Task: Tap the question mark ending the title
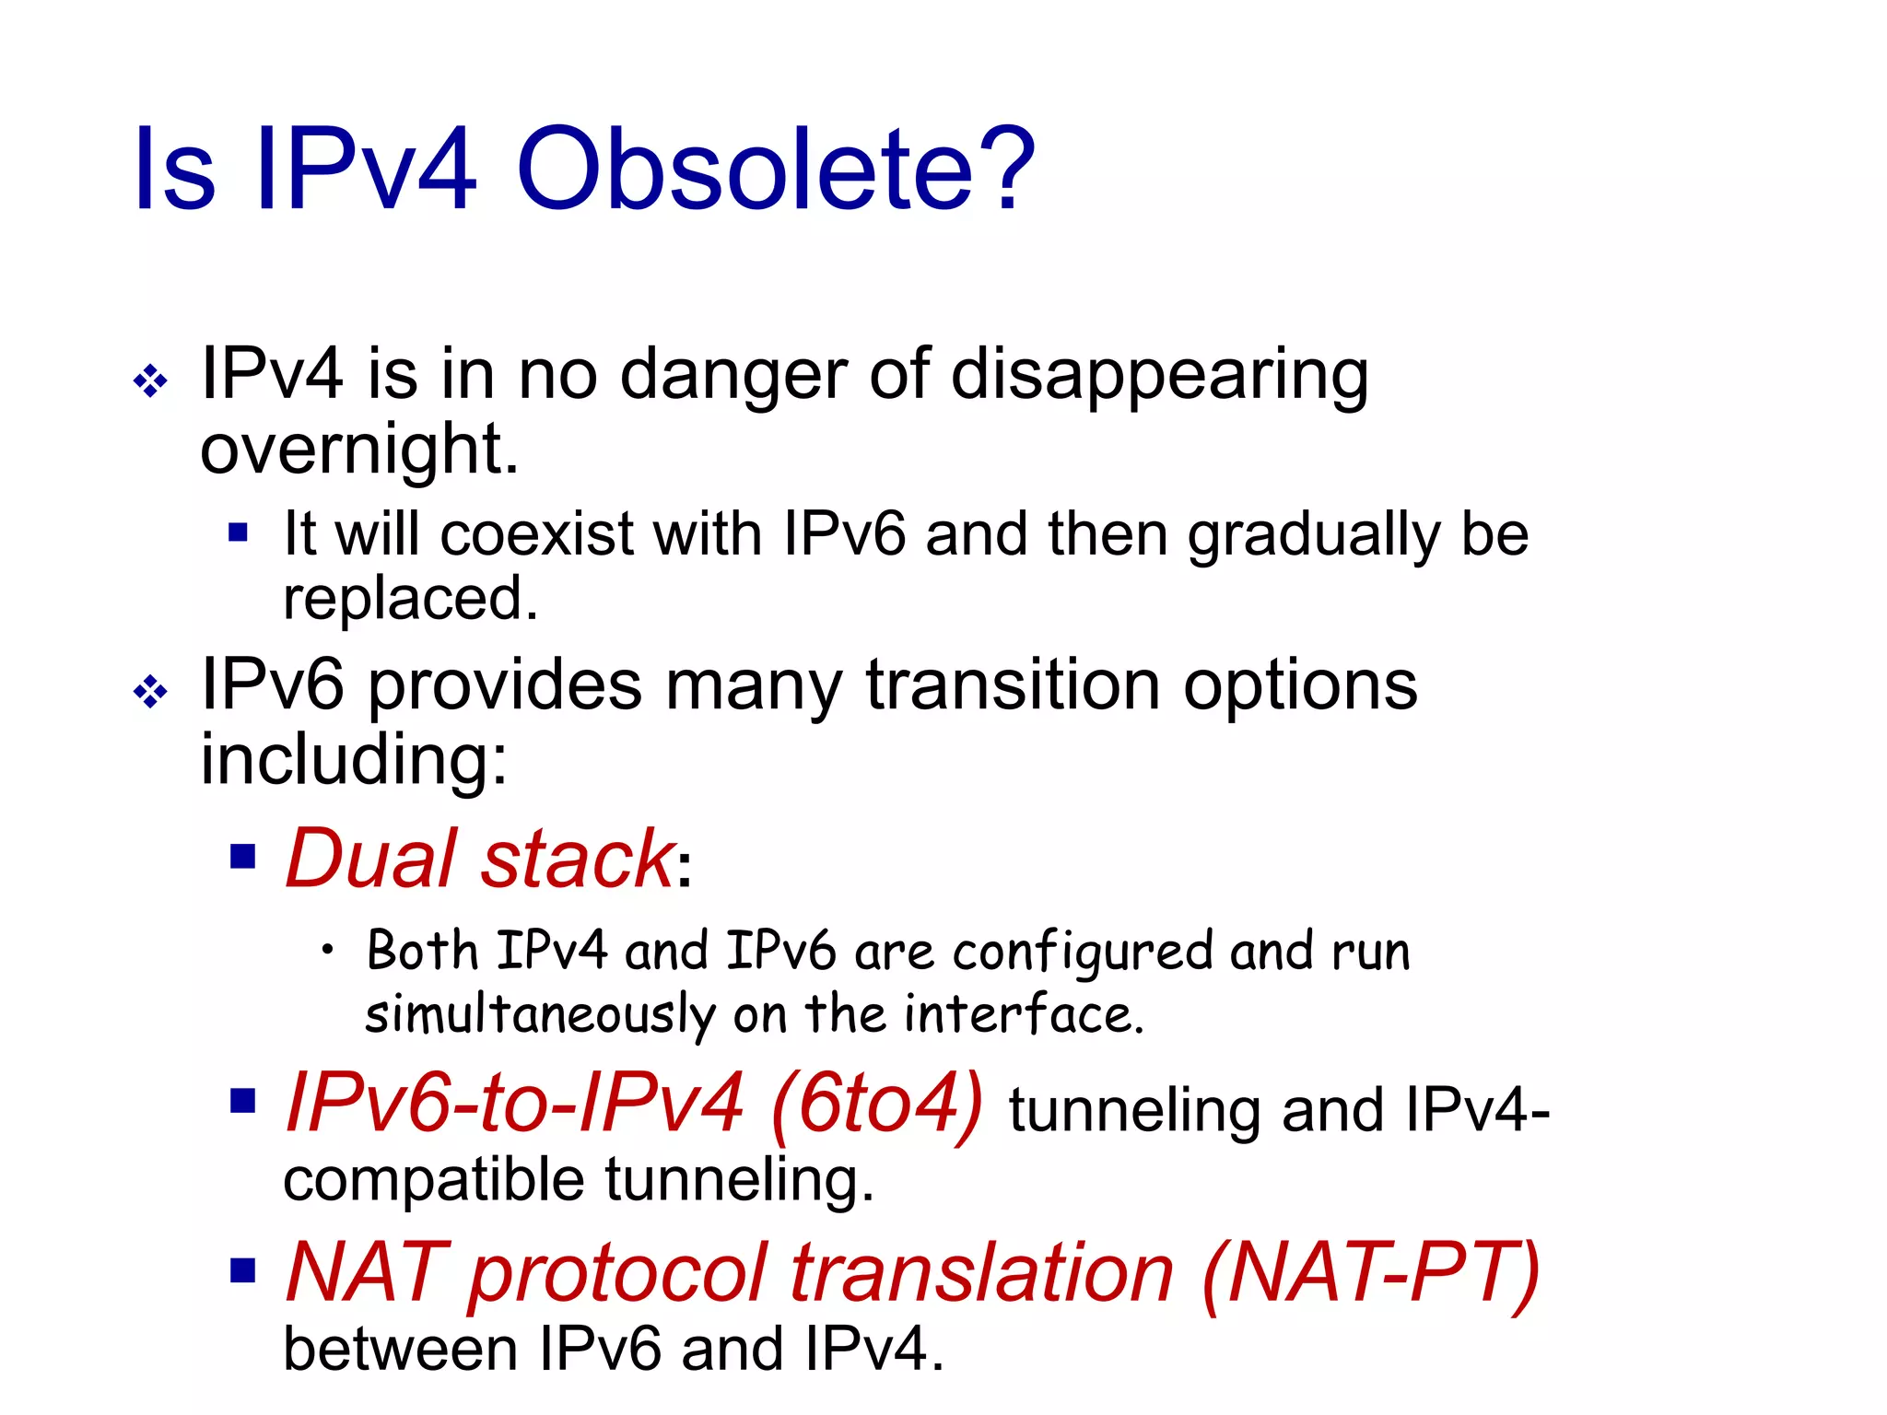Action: tap(1010, 170)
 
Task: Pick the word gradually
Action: tap(1314, 536)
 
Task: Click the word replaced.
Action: tap(410, 599)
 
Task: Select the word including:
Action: tap(354, 759)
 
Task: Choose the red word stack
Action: tap(578, 858)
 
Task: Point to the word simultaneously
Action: tap(540, 1015)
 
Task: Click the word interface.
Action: tap(1023, 1015)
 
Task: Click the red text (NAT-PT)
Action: tap(1371, 1273)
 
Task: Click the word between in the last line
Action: tap(400, 1351)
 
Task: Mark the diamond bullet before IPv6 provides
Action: tap(150, 691)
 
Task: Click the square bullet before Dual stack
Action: tap(242, 858)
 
